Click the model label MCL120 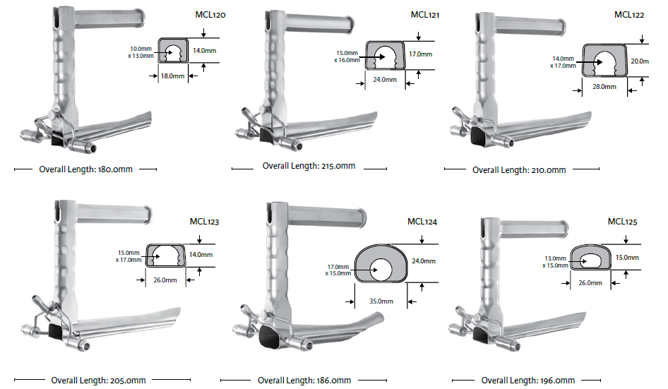pos(210,13)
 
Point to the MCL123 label pos(204,222)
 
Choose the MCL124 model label pos(422,222)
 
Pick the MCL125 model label pos(623,222)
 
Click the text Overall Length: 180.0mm pos(85,169)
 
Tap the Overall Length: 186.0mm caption pos(304,381)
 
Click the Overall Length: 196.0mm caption pos(528,381)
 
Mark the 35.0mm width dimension pos(381,300)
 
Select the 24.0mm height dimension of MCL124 pos(424,261)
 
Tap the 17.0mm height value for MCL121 pos(421,54)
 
